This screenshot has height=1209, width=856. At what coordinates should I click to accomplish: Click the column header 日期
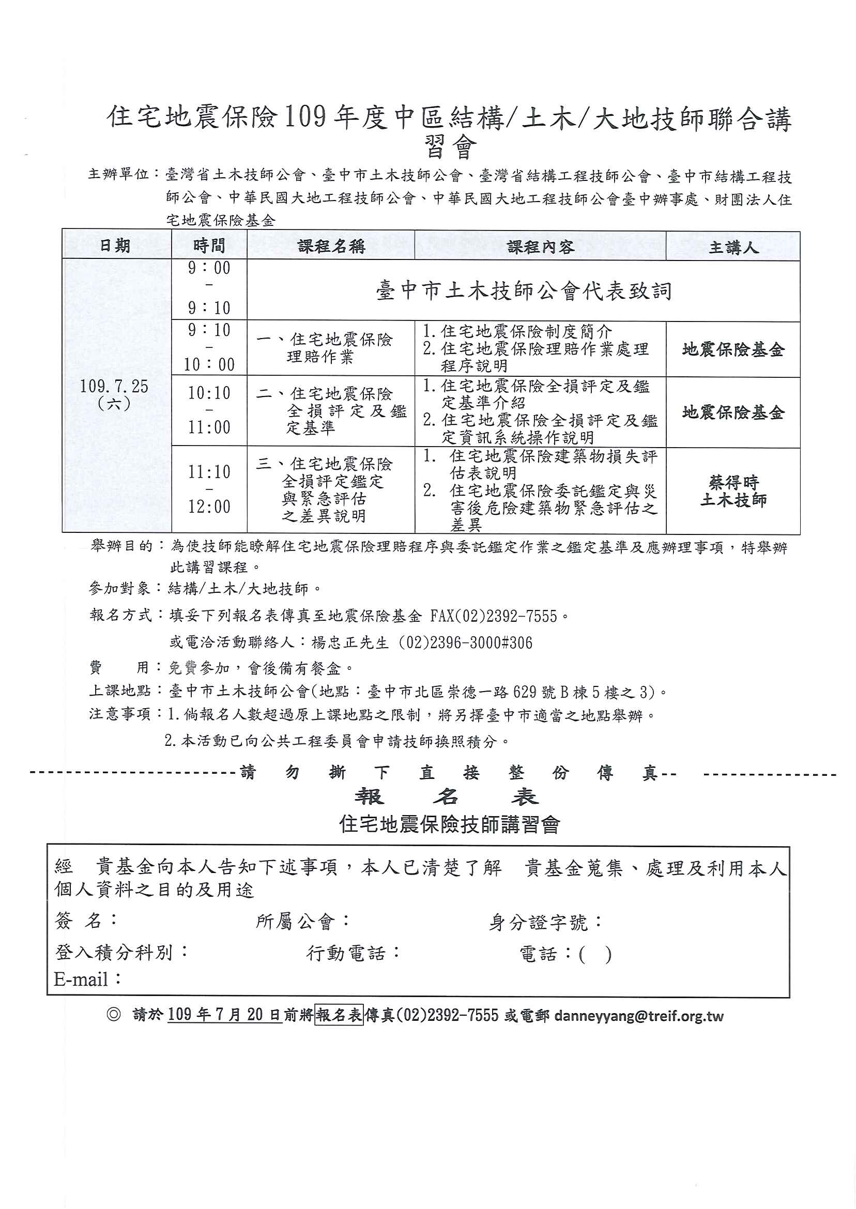[115, 246]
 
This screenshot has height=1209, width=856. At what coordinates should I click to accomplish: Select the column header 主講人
[732, 247]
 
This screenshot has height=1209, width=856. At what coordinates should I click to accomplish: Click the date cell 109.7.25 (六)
[114, 395]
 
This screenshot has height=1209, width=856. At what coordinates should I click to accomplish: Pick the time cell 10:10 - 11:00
[209, 410]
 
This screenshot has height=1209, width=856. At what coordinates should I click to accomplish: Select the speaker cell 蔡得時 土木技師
[732, 491]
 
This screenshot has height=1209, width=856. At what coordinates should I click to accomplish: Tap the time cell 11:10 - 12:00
[209, 489]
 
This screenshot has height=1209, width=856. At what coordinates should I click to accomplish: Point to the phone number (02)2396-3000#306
[465, 642]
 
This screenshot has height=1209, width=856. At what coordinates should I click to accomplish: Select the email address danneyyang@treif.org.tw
[639, 1016]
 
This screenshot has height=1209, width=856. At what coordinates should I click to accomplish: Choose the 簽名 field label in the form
[85, 921]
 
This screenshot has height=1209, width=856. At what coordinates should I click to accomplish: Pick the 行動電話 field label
[353, 953]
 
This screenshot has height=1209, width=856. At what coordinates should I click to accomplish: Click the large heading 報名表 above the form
[447, 797]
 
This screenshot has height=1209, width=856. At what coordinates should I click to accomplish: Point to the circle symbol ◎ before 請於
[113, 1015]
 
